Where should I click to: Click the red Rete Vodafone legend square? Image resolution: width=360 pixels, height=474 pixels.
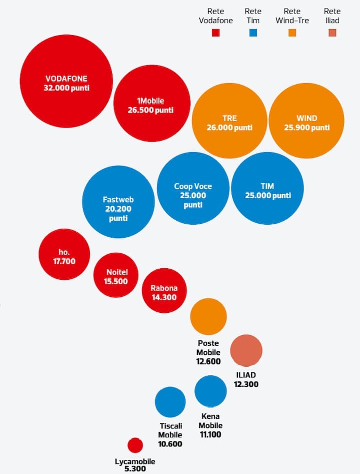click(216, 33)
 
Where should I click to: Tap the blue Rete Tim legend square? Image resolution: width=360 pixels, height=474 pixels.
click(253, 33)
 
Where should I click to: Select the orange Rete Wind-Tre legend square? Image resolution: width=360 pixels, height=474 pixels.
click(292, 33)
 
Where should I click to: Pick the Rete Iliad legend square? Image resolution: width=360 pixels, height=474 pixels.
click(332, 33)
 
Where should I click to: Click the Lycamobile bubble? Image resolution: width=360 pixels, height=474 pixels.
click(135, 445)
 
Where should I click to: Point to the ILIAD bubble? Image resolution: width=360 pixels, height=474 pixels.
click(246, 351)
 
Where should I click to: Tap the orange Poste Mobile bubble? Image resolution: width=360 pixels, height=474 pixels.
click(208, 316)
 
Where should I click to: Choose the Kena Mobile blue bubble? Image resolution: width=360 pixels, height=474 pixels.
click(210, 391)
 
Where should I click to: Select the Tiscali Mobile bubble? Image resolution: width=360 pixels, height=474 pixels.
click(170, 402)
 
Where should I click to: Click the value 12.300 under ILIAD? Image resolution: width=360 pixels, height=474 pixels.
click(246, 384)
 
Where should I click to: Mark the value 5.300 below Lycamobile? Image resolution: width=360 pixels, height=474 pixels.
click(135, 469)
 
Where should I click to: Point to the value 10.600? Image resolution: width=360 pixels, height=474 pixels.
click(170, 444)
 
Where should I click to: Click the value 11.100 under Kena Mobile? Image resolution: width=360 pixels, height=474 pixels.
click(210, 434)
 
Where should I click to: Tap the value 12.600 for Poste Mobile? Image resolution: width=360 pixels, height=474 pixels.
click(208, 361)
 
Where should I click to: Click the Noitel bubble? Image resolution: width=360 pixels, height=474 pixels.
click(117, 276)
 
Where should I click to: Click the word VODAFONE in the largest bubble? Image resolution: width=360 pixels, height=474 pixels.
click(66, 79)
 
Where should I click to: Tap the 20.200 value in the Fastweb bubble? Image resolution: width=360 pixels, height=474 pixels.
click(117, 209)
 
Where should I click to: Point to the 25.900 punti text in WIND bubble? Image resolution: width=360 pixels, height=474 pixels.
click(306, 128)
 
